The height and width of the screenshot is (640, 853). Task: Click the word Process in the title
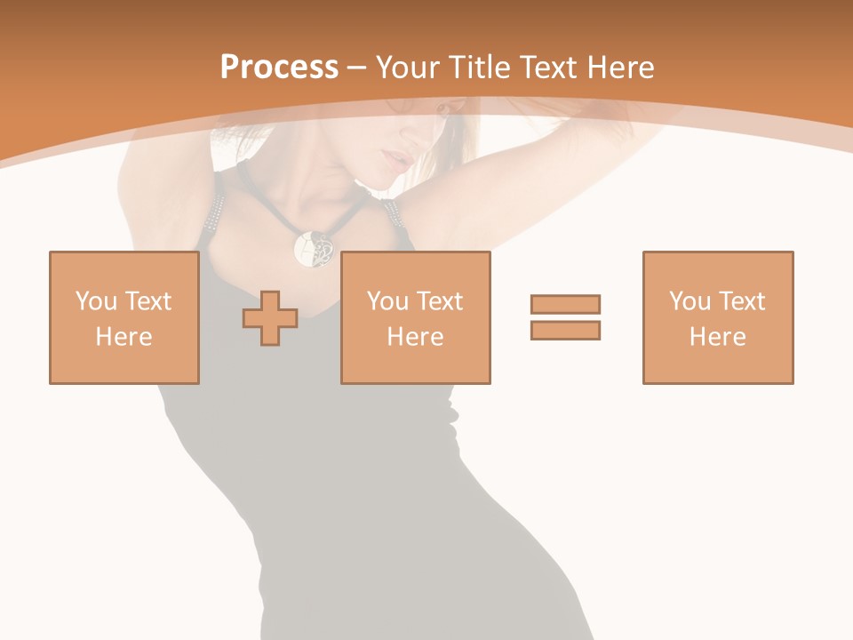click(279, 68)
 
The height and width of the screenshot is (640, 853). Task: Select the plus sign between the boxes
click(270, 318)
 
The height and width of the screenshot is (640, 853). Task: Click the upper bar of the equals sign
click(565, 305)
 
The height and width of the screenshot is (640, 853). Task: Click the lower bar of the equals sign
click(565, 331)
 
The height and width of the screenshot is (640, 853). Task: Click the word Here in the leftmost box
click(124, 337)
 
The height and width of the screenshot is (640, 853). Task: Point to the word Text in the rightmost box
click(742, 301)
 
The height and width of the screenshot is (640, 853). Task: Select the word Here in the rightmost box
click(717, 337)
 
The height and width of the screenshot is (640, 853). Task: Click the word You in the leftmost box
click(96, 301)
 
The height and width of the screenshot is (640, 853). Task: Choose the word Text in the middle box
click(440, 301)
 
